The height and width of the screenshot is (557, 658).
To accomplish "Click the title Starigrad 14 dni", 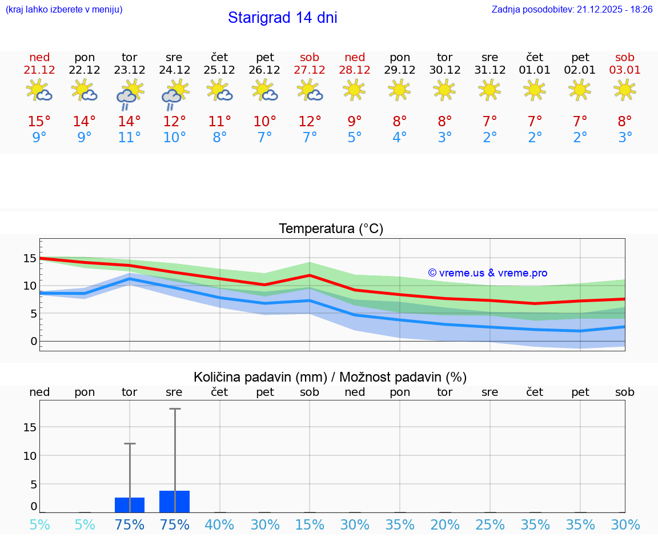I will pyautogui.click(x=282, y=18).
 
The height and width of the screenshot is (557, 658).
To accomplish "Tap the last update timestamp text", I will pyautogui.click(x=572, y=10).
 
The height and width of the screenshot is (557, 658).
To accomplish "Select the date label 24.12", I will pyautogui.click(x=174, y=70).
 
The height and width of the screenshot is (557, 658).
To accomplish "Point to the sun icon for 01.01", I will pyautogui.click(x=535, y=90).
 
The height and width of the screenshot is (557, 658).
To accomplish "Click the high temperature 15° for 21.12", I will pyautogui.click(x=39, y=122).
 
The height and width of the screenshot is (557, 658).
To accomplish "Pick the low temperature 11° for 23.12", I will pyautogui.click(x=130, y=138).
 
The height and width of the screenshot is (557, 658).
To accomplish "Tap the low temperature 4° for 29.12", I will pyautogui.click(x=400, y=138).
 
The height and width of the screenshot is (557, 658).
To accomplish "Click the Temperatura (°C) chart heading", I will pyautogui.click(x=331, y=229).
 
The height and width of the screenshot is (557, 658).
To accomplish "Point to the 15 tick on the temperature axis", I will pyautogui.click(x=30, y=258).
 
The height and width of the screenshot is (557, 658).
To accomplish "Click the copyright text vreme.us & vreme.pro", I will pyautogui.click(x=487, y=274).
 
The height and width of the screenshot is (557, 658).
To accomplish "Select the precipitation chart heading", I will pyautogui.click(x=330, y=377).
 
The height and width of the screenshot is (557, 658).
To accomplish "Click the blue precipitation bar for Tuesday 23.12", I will pyautogui.click(x=130, y=505).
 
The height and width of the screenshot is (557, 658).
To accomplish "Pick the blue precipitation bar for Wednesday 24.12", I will pyautogui.click(x=174, y=502).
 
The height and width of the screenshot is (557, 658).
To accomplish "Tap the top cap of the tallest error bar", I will pyautogui.click(x=174, y=409).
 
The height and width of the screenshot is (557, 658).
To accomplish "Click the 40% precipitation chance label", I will pyautogui.click(x=219, y=525).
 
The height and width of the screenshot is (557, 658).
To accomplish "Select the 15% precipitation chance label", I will pyautogui.click(x=310, y=525).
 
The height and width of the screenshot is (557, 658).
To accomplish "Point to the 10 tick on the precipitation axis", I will pyautogui.click(x=30, y=456).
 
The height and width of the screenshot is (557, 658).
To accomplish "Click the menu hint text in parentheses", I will pyautogui.click(x=64, y=10).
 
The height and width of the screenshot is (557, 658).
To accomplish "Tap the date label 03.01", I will pyautogui.click(x=625, y=70).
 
